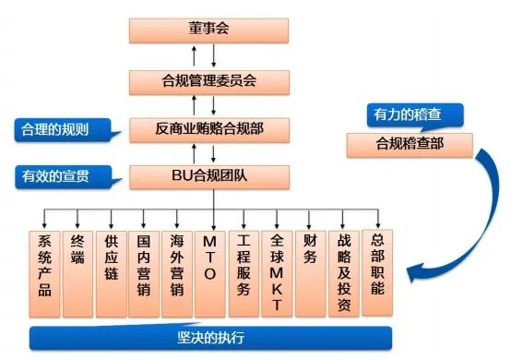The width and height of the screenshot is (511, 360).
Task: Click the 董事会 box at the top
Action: point(208,29)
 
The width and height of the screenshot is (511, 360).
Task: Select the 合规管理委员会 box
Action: point(208,78)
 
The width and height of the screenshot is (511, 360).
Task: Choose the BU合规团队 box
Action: point(208,174)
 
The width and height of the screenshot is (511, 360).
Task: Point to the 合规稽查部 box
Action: point(410,144)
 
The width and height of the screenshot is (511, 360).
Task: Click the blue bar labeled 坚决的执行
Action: point(210,337)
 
